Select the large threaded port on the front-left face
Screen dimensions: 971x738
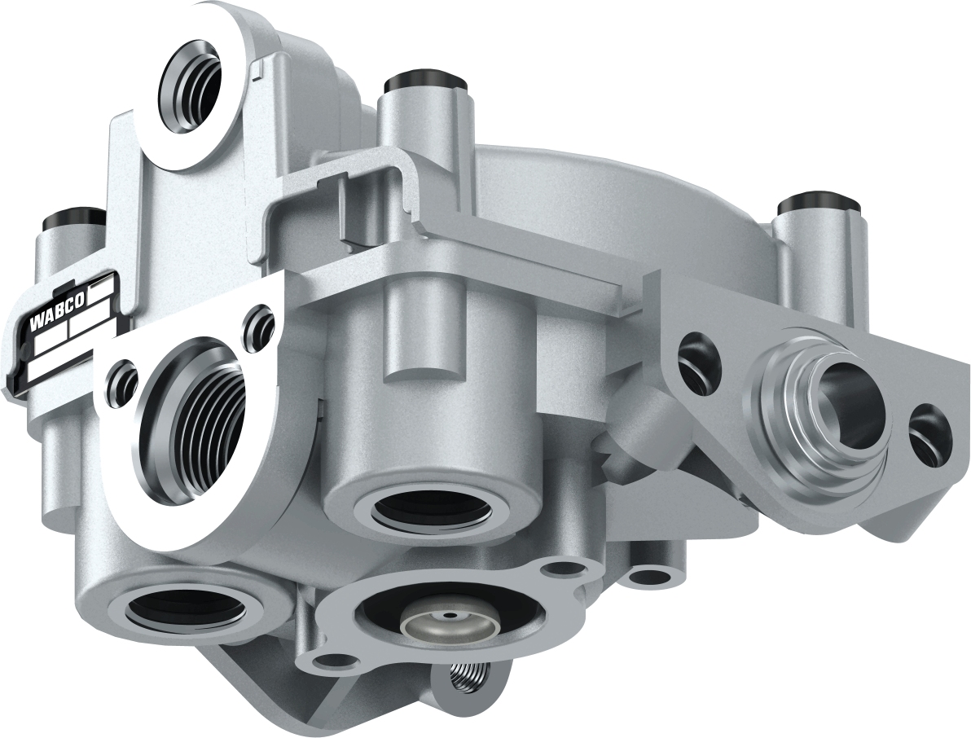click(186, 407)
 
